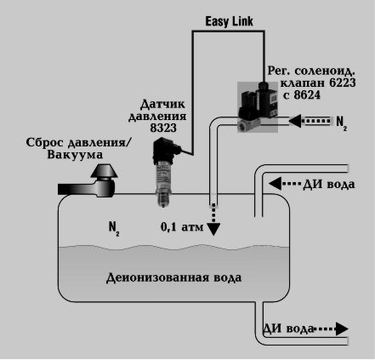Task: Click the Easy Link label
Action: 229,21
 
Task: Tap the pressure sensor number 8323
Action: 163,129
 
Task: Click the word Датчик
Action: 162,105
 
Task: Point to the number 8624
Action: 307,95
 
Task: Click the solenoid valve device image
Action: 258,107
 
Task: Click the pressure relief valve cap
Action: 104,171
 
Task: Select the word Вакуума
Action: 75,155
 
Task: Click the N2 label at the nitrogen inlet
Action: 342,123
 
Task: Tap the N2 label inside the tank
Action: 114,229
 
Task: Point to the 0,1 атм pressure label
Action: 182,227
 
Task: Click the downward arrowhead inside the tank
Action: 213,229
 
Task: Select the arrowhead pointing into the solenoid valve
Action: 295,121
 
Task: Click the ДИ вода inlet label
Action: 329,185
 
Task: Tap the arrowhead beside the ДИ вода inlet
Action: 275,184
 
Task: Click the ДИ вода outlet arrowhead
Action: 342,329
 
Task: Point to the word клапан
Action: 303,83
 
